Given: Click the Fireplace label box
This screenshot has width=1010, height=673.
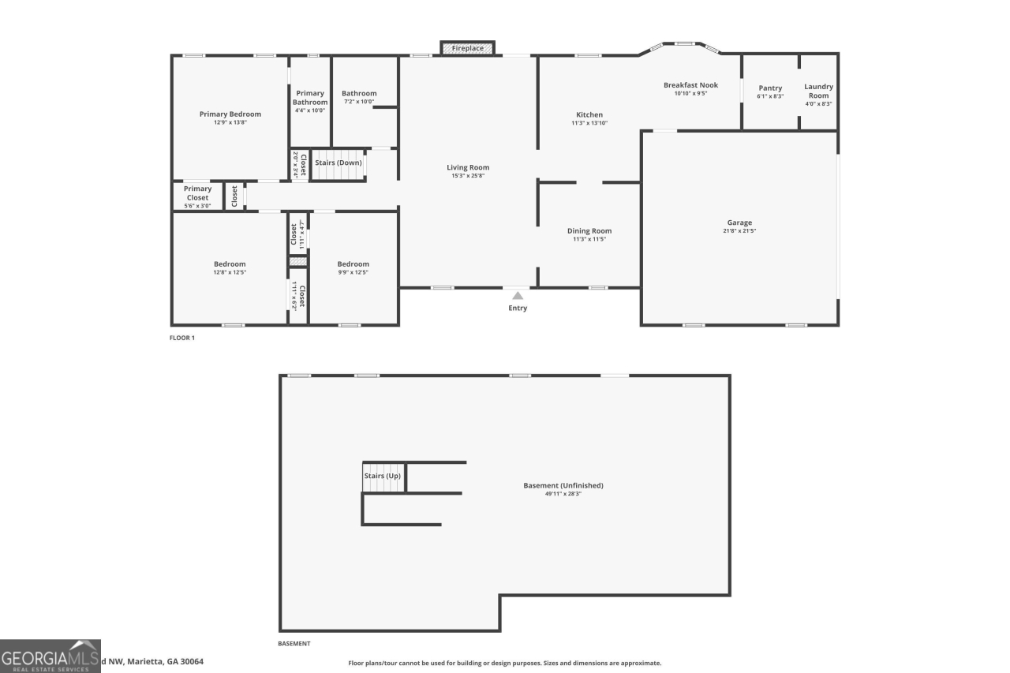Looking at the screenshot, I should tap(467, 48).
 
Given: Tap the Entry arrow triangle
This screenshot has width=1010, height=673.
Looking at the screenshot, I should tap(518, 295).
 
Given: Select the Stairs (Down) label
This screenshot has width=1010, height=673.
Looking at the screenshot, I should tap(339, 163).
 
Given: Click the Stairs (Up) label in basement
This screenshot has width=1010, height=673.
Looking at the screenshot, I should tap(382, 476).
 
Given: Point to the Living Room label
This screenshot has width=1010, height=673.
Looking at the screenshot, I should tap(468, 167).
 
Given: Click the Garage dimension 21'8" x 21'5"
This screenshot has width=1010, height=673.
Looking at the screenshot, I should tap(739, 231).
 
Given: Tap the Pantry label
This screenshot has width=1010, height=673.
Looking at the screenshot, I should tap(770, 88).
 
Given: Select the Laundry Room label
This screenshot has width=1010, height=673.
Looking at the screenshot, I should tap(818, 91).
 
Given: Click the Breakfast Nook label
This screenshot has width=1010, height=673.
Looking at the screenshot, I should tap(690, 85).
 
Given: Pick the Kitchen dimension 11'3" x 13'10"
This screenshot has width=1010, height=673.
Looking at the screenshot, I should tap(589, 123).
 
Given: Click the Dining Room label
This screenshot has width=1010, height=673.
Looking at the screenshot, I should tap(589, 231).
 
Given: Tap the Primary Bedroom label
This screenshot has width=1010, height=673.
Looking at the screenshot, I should tap(230, 114).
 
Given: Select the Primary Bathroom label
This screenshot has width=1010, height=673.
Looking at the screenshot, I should tap(310, 98).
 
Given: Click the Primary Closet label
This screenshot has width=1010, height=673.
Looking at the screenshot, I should tap(197, 193).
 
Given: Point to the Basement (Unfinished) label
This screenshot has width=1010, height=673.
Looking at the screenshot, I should tap(563, 485).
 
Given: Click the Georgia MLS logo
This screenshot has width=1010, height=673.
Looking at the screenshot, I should tap(50, 656).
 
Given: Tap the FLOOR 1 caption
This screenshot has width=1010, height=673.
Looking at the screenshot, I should tap(181, 338).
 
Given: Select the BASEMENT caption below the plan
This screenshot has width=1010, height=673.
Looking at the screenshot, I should tap(294, 644).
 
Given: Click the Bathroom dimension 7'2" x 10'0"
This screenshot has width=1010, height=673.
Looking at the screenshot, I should tap(359, 102).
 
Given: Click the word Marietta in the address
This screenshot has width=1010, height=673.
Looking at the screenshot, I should tap(149, 661).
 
